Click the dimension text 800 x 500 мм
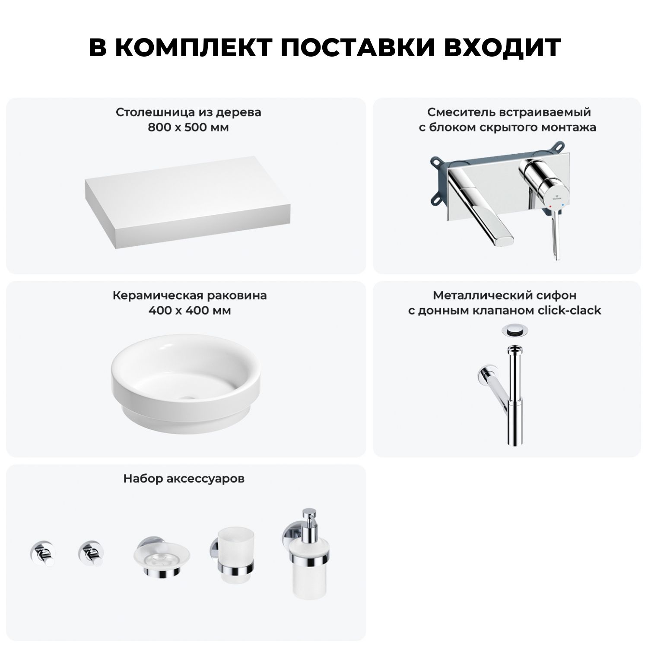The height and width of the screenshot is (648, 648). point(188,128)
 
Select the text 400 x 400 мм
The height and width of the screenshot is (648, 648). point(189,311)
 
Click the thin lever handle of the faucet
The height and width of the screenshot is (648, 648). point(556,234)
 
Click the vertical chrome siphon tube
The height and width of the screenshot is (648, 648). point(514,395)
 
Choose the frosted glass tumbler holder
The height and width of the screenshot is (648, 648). point(233,557)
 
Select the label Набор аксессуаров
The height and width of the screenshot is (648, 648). point(184,479)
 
